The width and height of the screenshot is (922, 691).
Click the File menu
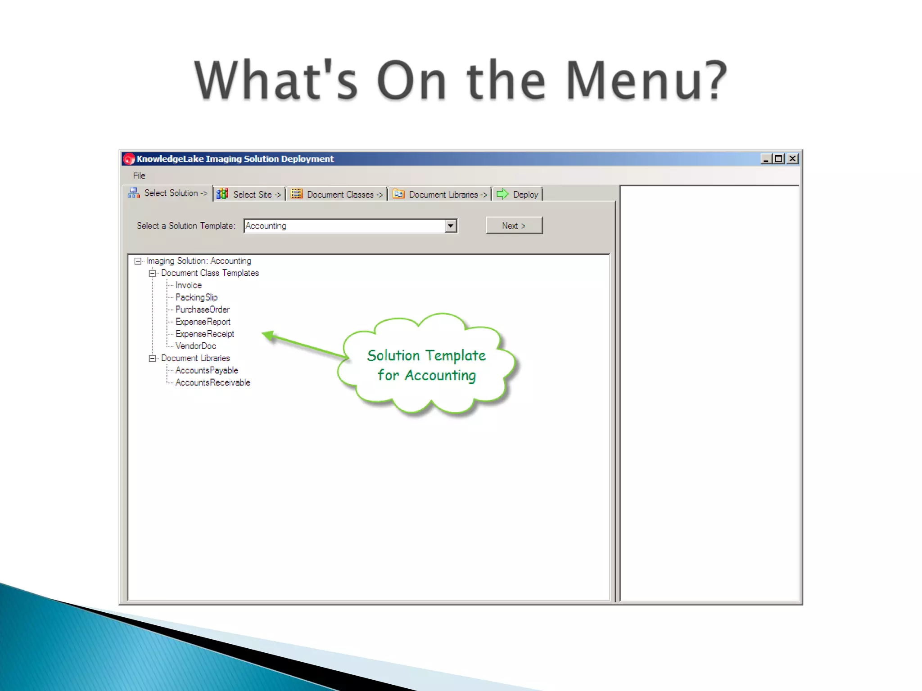point(139,175)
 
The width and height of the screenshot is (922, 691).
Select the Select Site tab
point(249,194)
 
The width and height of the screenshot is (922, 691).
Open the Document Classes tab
point(337,194)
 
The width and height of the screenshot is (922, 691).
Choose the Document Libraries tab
point(440,194)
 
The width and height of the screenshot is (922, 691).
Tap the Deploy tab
point(518,194)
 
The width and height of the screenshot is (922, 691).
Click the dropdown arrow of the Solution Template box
point(451,226)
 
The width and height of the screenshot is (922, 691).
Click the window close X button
point(792,159)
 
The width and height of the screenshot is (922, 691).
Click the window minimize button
point(765,159)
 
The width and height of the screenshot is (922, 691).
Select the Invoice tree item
point(188,285)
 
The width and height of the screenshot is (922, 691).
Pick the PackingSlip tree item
point(196,297)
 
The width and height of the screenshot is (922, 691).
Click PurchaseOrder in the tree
point(202,310)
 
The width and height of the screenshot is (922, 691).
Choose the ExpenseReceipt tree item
point(204,334)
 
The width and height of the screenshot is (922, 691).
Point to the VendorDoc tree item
point(195,346)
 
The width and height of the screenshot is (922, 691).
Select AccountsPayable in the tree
point(207,370)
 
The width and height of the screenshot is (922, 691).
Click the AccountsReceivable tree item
point(212,382)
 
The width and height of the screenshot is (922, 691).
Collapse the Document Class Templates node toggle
point(152,273)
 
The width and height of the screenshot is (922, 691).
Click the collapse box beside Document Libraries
point(152,358)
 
